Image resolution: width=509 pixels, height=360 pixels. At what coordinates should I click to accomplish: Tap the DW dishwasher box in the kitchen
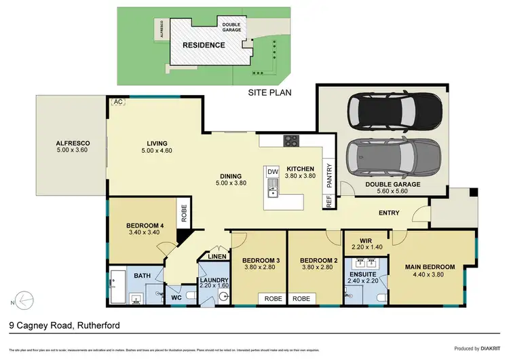[273, 172]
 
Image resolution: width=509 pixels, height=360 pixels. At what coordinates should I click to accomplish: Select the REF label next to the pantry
[328, 200]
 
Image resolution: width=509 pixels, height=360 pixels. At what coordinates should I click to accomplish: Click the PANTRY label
[328, 174]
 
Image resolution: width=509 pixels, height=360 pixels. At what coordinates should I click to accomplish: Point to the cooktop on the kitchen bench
[291, 141]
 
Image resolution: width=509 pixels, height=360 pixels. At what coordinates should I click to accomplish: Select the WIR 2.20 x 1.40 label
[366, 244]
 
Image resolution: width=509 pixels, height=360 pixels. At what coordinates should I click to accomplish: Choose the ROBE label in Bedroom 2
[302, 298]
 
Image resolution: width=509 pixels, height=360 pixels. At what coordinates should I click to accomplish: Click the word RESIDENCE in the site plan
[204, 46]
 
